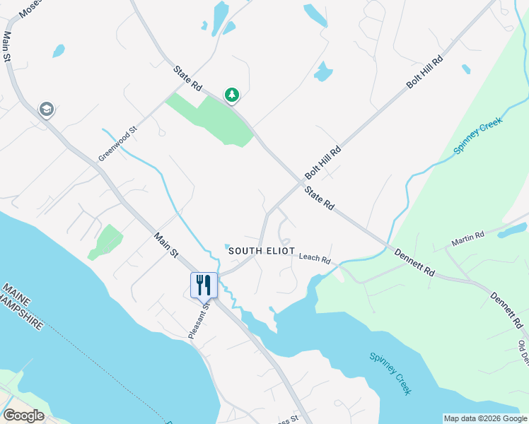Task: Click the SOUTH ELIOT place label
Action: coord(260,251)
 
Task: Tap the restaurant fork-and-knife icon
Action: coord(204,285)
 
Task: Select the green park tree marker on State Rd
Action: coord(231,94)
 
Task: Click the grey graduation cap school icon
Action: coord(47,109)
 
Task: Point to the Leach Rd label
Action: coord(315,259)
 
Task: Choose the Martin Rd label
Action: coord(468,240)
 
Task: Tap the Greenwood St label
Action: coord(117,144)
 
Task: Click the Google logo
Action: coord(23,416)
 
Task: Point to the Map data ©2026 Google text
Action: coord(484,418)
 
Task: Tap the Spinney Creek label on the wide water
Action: coord(390,373)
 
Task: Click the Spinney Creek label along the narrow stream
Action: coord(477,136)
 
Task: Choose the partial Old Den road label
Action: coord(523,353)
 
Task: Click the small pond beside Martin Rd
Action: coord(514,230)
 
